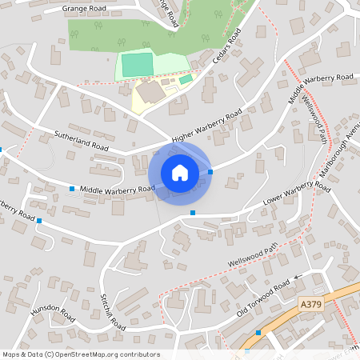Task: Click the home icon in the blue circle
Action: (x=179, y=172)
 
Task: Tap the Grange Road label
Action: (x=85, y=10)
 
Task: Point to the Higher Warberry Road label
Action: (x=206, y=128)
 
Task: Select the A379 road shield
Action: (x=313, y=304)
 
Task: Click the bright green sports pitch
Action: (x=137, y=64)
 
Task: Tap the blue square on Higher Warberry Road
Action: (x=210, y=171)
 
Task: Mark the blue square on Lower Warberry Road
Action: (x=193, y=213)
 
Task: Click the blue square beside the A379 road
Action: (x=258, y=332)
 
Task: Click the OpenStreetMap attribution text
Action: (x=81, y=354)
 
